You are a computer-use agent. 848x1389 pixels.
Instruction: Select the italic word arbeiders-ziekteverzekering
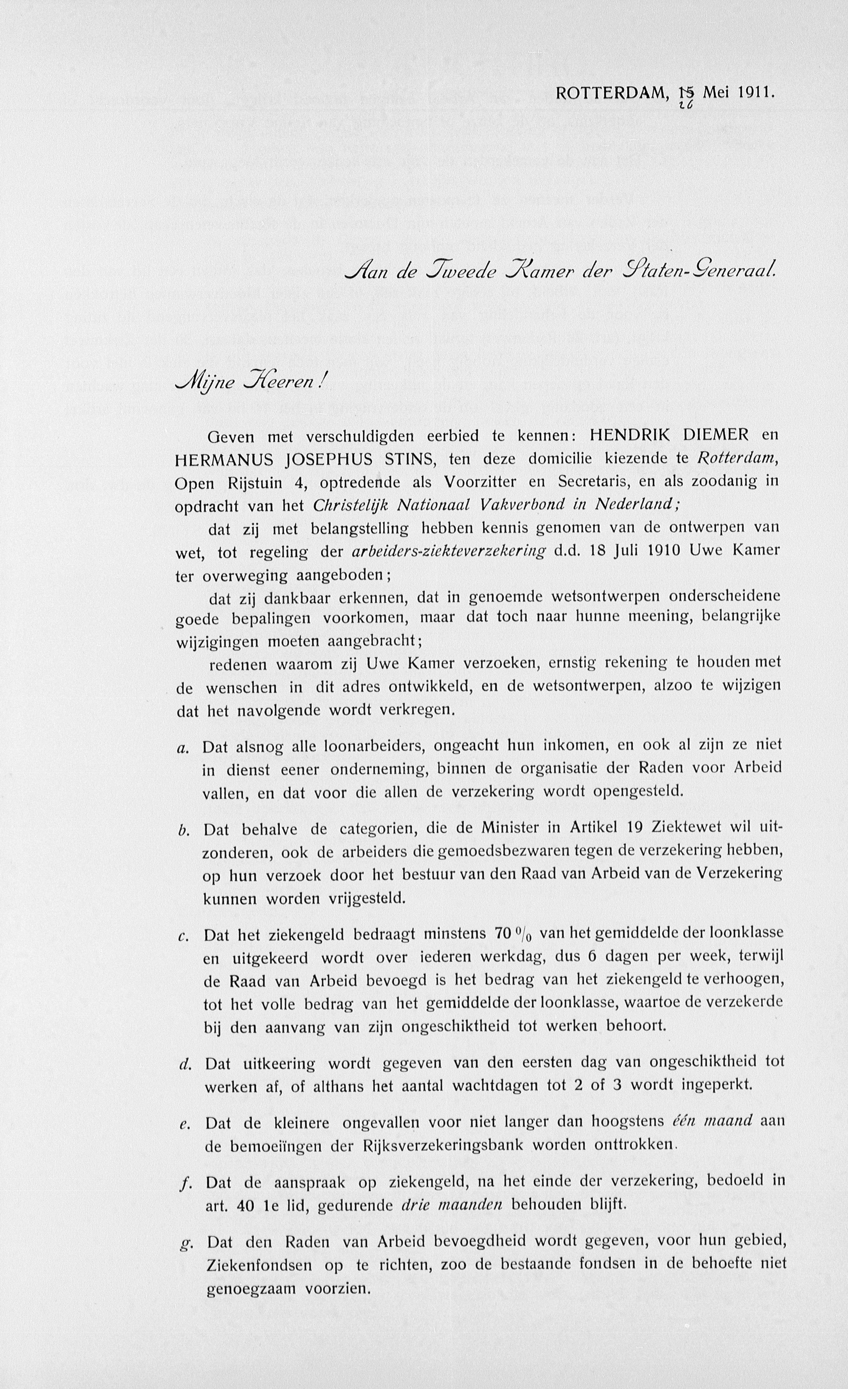[x=449, y=551]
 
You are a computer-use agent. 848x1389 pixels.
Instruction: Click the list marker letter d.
[x=183, y=1065]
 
